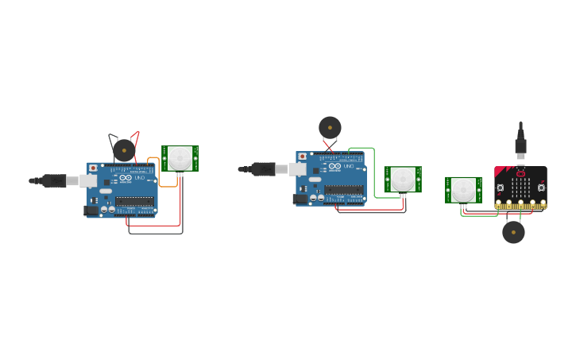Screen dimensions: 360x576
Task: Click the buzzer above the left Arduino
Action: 124,149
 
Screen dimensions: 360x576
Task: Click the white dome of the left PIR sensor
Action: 180,157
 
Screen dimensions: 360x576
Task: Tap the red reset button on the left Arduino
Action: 93,168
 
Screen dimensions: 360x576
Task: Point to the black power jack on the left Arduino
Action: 91,211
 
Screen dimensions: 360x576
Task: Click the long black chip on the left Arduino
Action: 134,201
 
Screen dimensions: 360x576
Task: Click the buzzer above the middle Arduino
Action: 330,127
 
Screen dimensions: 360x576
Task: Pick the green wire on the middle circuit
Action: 373,171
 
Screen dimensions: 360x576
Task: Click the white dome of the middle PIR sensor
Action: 402,179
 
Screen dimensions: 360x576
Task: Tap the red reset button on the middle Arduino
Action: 302,157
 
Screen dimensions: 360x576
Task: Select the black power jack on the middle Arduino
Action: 300,199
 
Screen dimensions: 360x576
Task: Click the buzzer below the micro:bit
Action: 513,232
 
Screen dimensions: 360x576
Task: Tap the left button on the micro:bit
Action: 501,188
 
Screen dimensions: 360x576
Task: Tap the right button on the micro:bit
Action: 540,188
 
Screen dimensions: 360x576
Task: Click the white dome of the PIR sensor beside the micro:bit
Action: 463,190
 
